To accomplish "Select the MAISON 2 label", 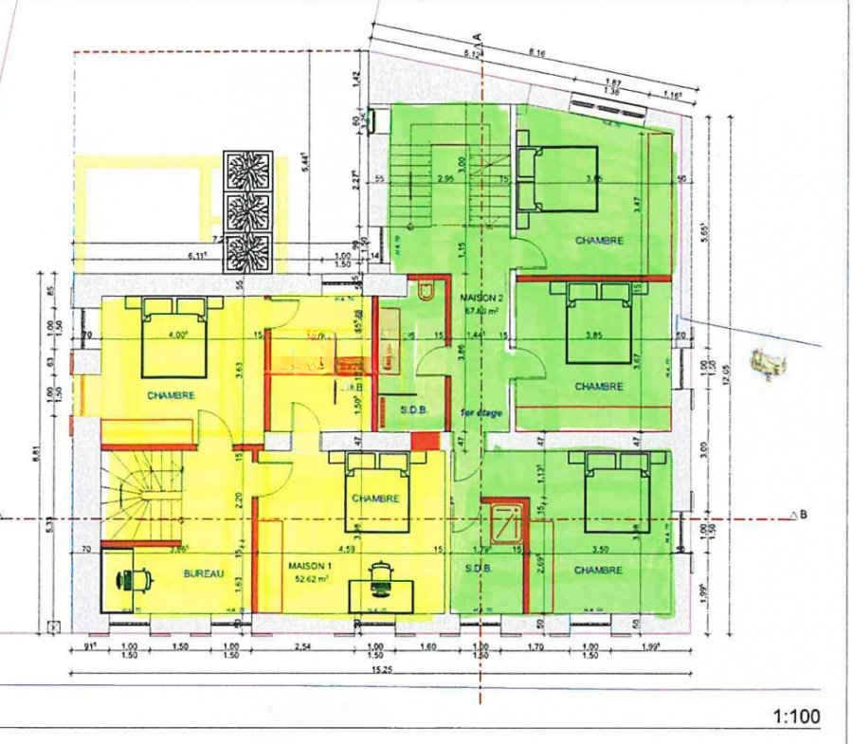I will click(482, 297).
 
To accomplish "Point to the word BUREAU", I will click(204, 574).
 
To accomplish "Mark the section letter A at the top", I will click(480, 36).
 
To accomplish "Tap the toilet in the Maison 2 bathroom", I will click(425, 290).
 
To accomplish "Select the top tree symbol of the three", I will click(248, 171).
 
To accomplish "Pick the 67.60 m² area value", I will click(482, 310).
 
